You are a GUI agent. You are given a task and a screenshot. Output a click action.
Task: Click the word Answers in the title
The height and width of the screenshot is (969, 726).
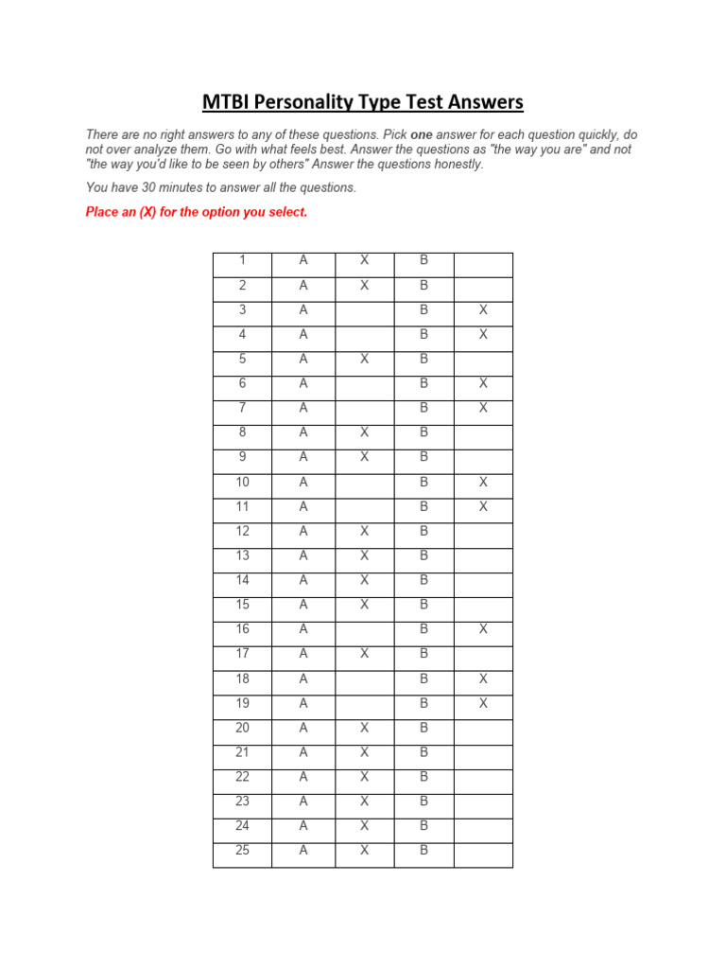482,102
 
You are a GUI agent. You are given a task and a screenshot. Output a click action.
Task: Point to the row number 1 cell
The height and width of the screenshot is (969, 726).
242,260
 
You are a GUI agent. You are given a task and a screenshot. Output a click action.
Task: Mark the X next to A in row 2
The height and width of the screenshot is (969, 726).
364,285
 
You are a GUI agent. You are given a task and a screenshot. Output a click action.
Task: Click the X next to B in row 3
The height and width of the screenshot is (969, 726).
483,309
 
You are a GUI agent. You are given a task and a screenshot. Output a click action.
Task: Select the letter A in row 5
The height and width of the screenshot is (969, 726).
303,359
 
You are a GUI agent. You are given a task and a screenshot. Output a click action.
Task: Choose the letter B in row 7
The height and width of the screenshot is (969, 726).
423,408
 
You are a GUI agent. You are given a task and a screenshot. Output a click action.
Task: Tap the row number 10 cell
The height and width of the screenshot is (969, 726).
242,482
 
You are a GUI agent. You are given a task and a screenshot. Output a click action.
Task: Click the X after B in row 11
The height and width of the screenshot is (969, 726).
483,506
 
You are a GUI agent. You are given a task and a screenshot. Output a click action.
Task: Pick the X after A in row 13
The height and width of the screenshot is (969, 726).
364,555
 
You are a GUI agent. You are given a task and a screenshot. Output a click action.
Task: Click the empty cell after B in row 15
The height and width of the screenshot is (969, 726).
483,605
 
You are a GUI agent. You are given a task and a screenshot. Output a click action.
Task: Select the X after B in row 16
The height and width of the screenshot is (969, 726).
483,629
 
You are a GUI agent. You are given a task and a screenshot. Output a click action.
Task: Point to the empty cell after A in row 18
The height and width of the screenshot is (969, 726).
364,678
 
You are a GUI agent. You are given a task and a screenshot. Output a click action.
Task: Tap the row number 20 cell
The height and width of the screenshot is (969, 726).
242,728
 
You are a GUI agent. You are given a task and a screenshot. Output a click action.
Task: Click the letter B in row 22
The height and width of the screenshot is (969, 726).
423,777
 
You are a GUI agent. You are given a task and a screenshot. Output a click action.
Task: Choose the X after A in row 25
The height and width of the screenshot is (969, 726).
364,851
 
